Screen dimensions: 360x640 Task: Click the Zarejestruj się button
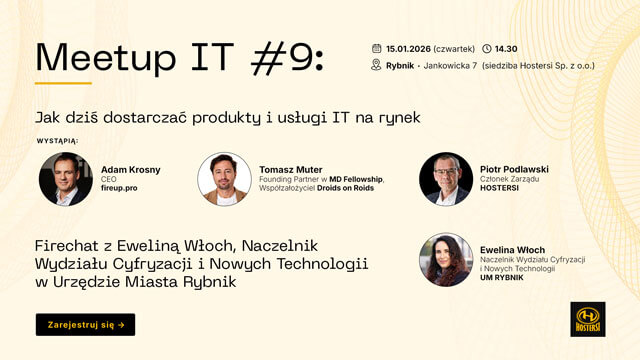point(85,324)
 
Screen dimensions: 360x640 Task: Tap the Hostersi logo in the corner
point(587,319)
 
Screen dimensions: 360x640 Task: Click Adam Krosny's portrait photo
point(65,179)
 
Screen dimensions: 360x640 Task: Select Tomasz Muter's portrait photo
point(224,179)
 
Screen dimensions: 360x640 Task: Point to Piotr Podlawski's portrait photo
point(446,179)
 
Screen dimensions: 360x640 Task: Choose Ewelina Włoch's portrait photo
point(446,260)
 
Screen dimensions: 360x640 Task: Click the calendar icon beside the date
point(376,48)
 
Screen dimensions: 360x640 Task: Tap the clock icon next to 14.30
point(486,48)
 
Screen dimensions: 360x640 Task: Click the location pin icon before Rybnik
point(376,66)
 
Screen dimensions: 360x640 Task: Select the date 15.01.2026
point(408,48)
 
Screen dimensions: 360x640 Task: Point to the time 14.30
point(507,48)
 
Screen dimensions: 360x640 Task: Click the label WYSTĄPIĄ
point(56,141)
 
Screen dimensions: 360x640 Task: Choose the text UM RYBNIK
point(504,279)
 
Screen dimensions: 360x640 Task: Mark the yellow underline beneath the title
point(63,83)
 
